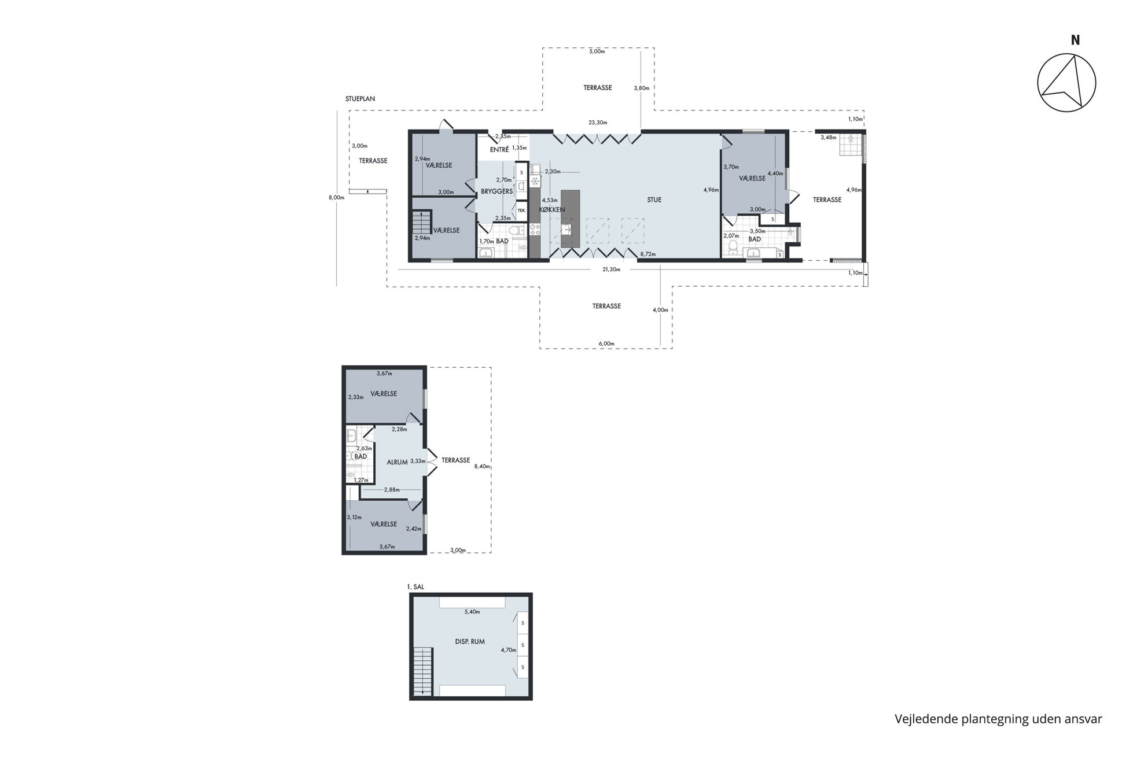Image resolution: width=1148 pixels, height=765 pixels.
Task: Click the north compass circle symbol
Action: tap(1066, 54)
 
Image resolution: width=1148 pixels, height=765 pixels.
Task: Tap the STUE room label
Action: tap(654, 200)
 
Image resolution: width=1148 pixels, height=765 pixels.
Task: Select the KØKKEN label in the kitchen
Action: tap(552, 210)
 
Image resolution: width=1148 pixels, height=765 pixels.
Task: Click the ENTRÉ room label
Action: tap(499, 150)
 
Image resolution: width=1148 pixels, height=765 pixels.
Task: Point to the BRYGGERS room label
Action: tap(497, 191)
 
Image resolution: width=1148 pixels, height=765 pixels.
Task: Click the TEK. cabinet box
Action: tap(521, 210)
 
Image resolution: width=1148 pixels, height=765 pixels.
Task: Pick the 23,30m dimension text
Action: tap(598, 123)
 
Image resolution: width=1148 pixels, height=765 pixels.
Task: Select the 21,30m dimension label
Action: tap(611, 269)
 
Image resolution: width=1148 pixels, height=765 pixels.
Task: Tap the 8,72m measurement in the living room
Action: tap(647, 254)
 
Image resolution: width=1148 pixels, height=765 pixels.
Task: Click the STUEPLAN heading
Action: tap(360, 99)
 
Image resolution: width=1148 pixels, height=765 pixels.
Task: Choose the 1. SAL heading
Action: tap(415, 587)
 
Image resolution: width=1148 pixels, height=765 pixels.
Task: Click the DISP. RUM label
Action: tap(470, 641)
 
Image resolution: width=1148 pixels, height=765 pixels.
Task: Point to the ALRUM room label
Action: tap(397, 462)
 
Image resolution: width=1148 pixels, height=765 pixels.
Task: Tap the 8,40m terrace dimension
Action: tap(482, 467)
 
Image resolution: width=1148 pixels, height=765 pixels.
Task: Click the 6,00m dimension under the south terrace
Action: tap(606, 343)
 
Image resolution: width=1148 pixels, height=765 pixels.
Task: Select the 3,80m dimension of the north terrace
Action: tap(642, 88)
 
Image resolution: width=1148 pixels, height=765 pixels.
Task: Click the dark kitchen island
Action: tap(570, 220)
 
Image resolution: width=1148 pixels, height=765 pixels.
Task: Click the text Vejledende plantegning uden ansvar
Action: tap(998, 719)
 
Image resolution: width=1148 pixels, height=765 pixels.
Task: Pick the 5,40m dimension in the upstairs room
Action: tap(472, 612)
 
